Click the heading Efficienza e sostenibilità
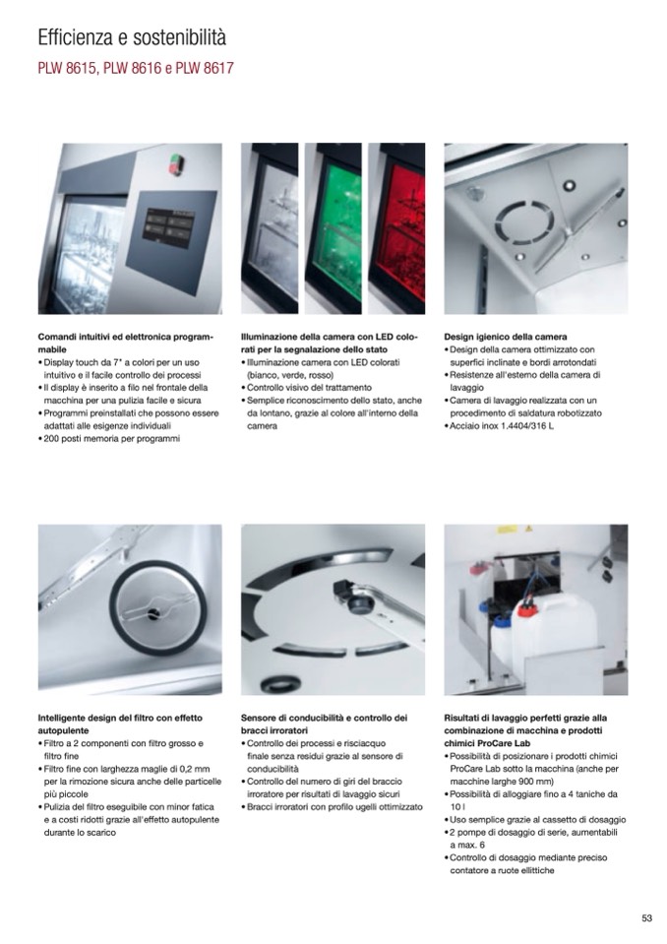(x=132, y=37)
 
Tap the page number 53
(x=646, y=918)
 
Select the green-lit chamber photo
(x=333, y=228)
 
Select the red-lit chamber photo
(x=396, y=228)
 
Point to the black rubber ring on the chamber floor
(x=281, y=683)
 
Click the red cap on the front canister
(x=526, y=609)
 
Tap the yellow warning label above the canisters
(x=507, y=531)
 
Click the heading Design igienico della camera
(x=506, y=337)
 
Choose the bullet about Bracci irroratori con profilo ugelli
(x=332, y=807)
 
